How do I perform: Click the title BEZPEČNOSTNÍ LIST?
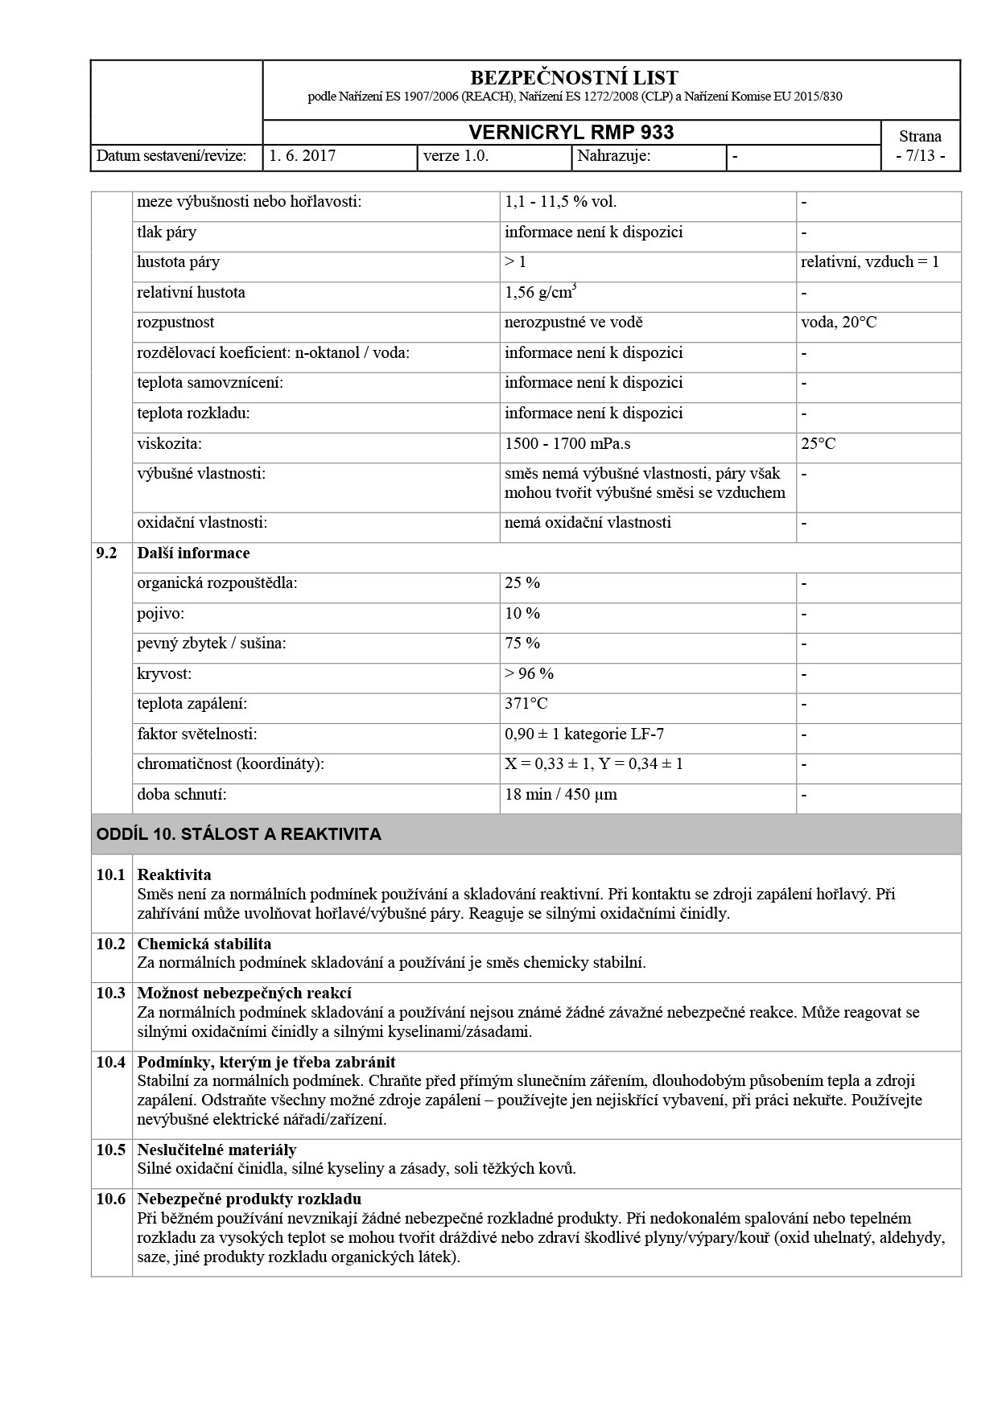pos(573,78)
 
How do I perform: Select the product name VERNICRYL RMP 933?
pos(571,133)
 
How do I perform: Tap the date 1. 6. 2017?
pos(303,156)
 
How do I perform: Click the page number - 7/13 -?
pos(920,156)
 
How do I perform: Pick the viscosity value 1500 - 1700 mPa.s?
pos(567,443)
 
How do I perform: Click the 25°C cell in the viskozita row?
pos(819,443)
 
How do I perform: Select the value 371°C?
pos(526,704)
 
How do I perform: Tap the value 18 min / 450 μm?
pos(561,795)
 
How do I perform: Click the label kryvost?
pos(164,674)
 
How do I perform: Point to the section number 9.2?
pos(106,553)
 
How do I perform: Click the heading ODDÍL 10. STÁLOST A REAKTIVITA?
pos(239,834)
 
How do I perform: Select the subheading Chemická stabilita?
pos(204,944)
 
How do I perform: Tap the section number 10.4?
pos(111,1062)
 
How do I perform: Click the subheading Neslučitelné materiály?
pos(217,1150)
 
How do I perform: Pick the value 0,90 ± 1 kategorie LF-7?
pos(584,734)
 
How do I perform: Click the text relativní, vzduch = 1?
pos(870,262)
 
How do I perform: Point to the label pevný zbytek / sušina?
pos(212,644)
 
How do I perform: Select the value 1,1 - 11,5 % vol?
pos(560,202)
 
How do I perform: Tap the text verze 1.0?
pos(456,156)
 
